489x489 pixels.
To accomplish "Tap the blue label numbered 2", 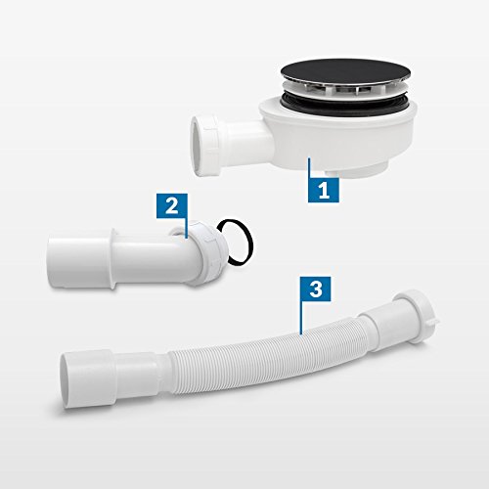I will [170, 205].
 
